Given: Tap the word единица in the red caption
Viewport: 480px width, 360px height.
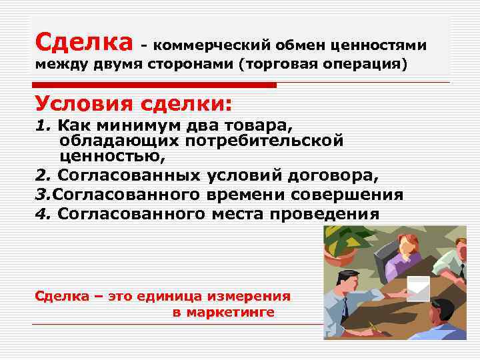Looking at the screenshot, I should point(164,296).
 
